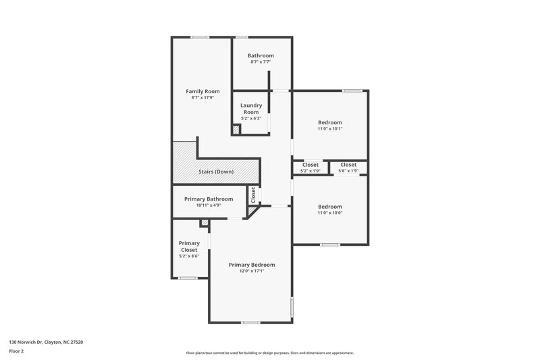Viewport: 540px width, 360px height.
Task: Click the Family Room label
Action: click(203, 91)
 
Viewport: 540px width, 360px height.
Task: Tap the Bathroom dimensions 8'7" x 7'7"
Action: click(261, 62)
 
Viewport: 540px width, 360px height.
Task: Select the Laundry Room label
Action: click(251, 109)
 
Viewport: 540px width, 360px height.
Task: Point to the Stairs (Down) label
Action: click(216, 172)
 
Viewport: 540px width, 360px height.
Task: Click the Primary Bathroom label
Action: click(210, 199)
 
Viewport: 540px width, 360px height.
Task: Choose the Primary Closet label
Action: click(189, 247)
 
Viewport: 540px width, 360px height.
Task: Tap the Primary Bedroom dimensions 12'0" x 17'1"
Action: click(251, 272)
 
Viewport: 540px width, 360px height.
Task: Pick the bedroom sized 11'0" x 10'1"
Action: click(330, 125)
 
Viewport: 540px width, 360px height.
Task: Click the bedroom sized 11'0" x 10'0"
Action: click(330, 209)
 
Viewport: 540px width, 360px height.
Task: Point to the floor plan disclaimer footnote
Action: click(269, 353)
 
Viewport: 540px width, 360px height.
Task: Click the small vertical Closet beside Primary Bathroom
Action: click(253, 195)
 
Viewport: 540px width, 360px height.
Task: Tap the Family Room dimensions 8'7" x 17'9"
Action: click(203, 98)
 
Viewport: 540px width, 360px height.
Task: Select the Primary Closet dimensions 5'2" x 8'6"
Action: click(189, 257)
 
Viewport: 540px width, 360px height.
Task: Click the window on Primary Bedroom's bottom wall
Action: click(251, 322)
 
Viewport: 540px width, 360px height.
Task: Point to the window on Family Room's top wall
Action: click(199, 37)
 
